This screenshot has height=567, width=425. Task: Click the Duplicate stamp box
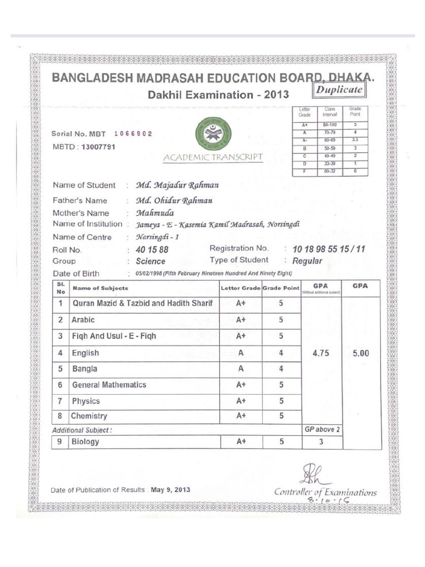coord(340,90)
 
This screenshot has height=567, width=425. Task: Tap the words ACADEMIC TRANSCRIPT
coord(213,158)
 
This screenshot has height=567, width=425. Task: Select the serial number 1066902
coord(133,134)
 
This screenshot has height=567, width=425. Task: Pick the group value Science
coord(151,261)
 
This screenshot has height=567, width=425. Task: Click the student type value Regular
coord(307,261)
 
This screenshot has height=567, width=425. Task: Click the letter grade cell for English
coord(241,353)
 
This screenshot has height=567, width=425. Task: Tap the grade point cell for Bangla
coord(281,369)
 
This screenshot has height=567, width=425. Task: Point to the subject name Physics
coord(86,401)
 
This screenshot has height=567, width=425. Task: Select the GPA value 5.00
coord(361,353)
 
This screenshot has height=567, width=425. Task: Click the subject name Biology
coord(86,441)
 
